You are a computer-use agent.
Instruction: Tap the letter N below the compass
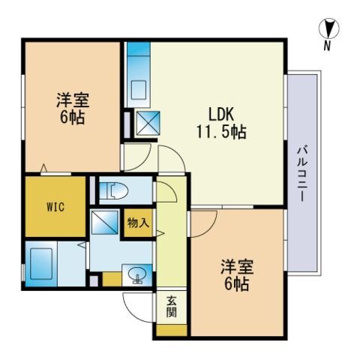(327, 46)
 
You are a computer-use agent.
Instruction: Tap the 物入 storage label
(137, 223)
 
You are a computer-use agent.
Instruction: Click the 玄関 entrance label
(172, 306)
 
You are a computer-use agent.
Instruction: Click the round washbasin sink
(138, 276)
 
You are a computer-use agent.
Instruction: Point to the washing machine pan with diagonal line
(103, 223)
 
